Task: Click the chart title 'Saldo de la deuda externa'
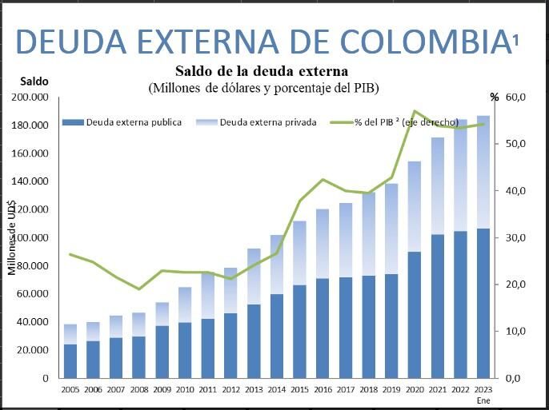tap(261, 70)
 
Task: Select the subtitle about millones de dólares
tap(263, 87)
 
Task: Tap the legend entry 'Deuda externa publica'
tap(133, 122)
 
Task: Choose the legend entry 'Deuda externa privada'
tap(267, 122)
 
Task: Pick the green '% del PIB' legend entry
tap(407, 122)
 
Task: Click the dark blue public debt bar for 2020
tap(415, 315)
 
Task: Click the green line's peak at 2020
tap(415, 111)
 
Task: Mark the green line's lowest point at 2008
tap(139, 289)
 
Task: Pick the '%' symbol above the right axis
tap(495, 98)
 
